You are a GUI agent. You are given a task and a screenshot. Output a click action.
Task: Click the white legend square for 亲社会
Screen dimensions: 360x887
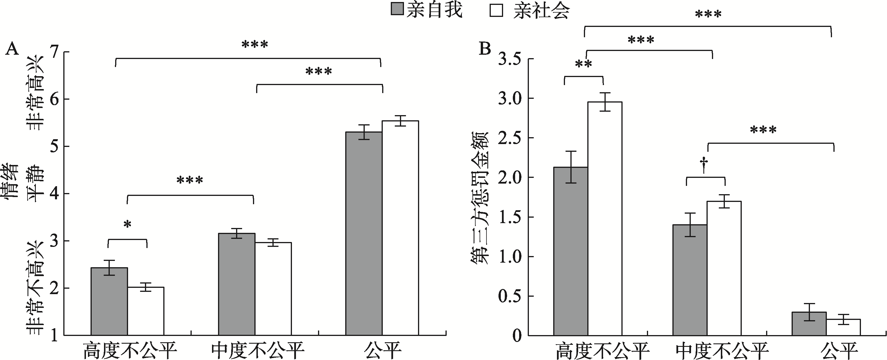coord(496,10)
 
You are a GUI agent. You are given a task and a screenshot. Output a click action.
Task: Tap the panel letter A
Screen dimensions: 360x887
coord(12,49)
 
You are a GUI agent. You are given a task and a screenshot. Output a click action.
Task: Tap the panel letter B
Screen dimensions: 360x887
coord(485,49)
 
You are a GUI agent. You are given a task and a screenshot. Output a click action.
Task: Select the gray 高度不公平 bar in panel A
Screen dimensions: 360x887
coord(109,301)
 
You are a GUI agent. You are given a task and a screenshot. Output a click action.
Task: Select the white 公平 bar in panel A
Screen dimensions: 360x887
coord(400,228)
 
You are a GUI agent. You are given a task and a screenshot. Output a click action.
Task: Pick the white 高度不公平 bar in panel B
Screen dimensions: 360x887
coord(605,219)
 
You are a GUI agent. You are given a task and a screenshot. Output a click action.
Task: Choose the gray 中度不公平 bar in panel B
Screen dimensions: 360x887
coord(690,280)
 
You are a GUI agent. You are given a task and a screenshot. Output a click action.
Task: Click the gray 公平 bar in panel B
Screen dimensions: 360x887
coord(809,324)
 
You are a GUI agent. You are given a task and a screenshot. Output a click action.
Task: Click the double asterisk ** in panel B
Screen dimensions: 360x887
coord(583,65)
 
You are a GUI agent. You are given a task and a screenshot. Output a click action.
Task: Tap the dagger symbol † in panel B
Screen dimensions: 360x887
coord(705,165)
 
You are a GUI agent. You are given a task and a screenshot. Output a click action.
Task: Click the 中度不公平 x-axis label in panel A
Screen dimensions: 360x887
coord(258,350)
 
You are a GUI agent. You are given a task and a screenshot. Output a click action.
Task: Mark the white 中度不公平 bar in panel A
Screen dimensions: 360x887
coord(273,289)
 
